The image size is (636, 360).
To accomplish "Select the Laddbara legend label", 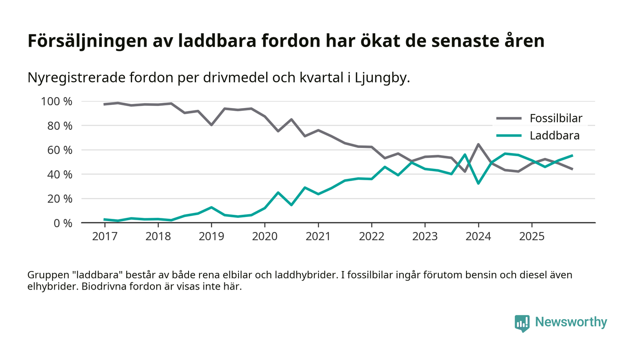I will (x=554, y=135).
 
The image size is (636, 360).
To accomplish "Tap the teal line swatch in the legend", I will (x=509, y=135).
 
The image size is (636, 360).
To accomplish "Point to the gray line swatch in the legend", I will (x=509, y=119).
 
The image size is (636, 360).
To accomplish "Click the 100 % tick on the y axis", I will (x=57, y=101).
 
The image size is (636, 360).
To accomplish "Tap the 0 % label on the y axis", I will (x=62, y=223).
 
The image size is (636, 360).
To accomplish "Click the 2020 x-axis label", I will (x=265, y=237).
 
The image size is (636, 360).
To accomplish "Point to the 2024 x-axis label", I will (x=478, y=237).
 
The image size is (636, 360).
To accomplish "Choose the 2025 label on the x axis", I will (x=532, y=237).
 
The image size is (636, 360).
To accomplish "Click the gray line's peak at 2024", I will (x=478, y=144).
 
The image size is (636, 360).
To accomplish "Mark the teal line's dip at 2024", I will (x=478, y=183).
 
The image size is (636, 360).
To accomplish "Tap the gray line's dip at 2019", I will (x=211, y=124).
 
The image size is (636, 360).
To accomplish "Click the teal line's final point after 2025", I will (x=572, y=155).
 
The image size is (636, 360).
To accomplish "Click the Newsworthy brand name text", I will (x=571, y=322).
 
